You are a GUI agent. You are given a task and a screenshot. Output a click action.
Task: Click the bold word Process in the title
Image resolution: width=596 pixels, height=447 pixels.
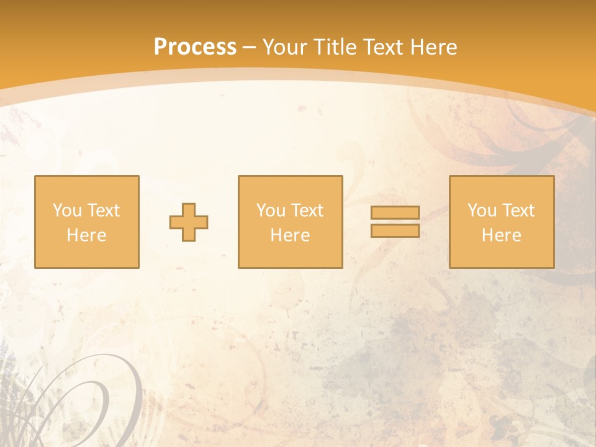click(195, 47)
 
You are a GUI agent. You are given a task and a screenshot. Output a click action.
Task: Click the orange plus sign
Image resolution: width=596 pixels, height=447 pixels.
click(189, 222)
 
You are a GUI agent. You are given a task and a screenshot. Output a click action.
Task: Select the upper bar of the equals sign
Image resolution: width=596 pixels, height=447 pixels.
click(395, 213)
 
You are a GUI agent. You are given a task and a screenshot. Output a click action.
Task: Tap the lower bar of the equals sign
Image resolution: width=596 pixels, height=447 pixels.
click(395, 231)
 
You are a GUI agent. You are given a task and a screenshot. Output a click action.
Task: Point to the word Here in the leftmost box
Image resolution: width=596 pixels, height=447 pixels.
click(86, 235)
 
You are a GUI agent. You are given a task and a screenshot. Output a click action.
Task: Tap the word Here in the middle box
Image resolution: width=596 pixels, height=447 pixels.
click(290, 235)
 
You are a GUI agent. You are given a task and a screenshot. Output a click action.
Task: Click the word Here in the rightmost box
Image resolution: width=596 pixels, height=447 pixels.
click(501, 235)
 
